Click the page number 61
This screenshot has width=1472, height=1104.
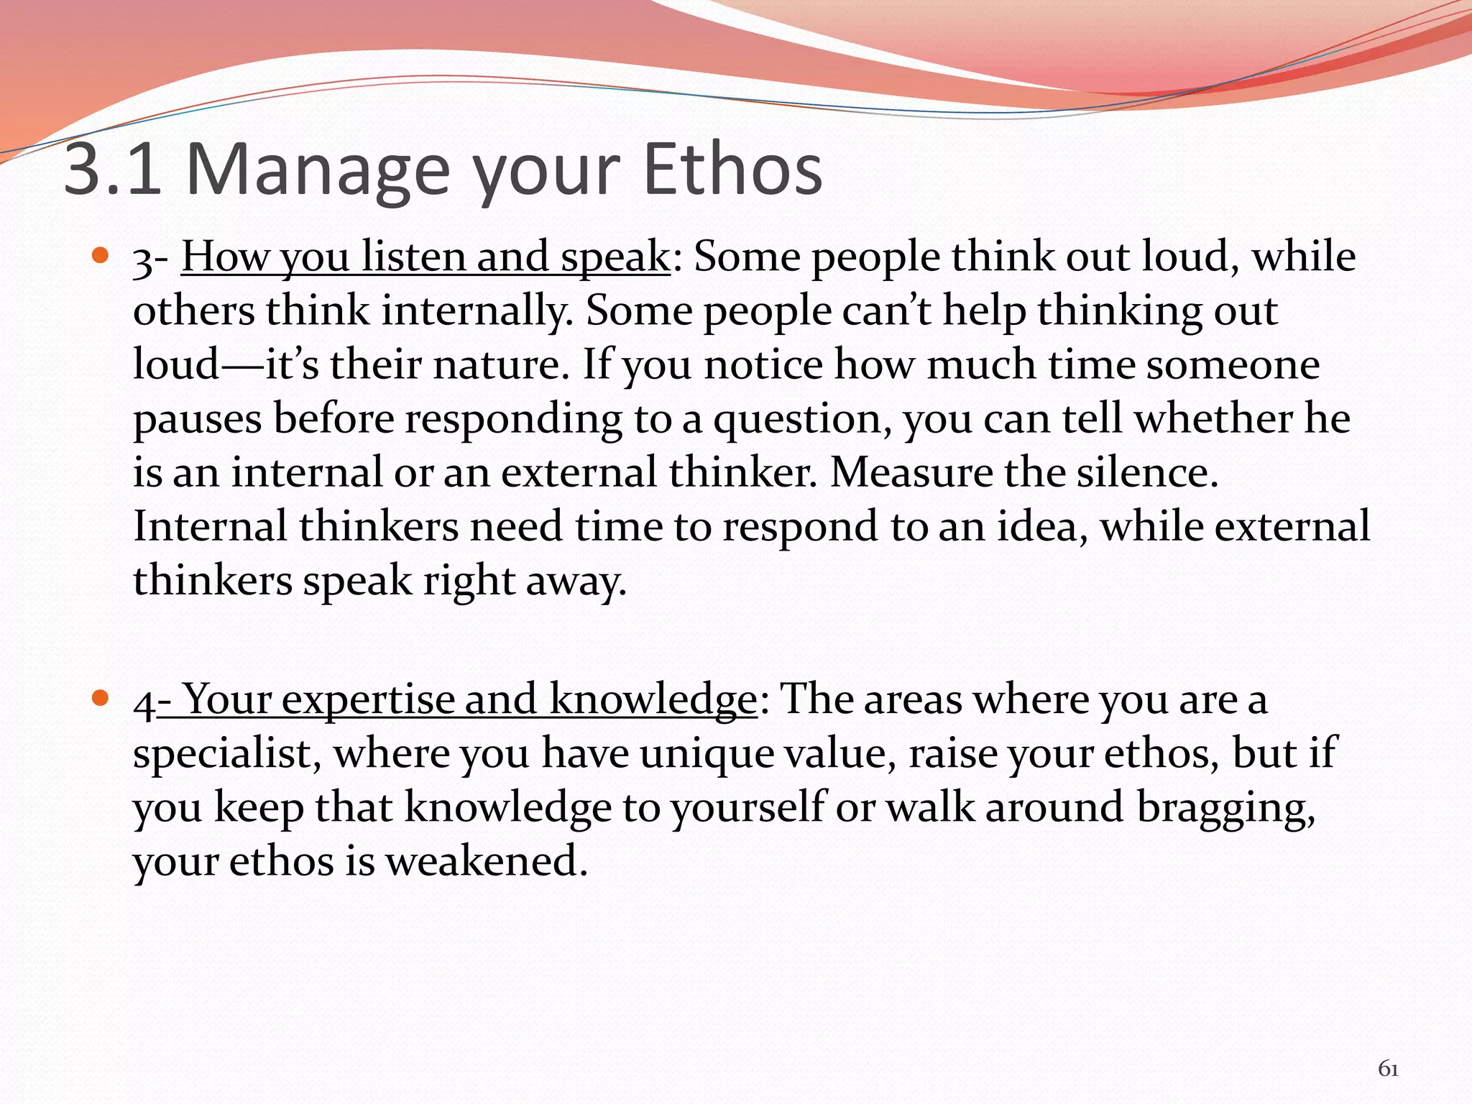point(1388,1069)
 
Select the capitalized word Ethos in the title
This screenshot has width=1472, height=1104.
point(732,170)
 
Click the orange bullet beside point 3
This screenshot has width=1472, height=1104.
point(101,255)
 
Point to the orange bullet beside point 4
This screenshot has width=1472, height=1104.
point(101,697)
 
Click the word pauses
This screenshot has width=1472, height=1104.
point(198,420)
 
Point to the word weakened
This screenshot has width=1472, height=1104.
point(487,860)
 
